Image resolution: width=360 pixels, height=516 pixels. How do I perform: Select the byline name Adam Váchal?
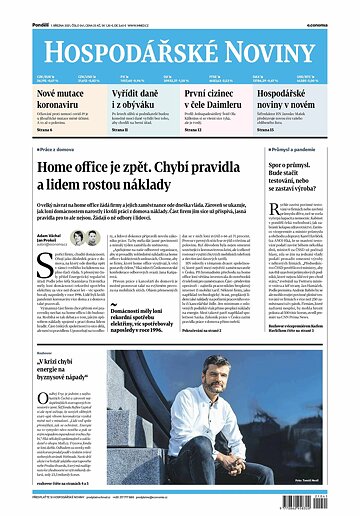coord(26,232)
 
